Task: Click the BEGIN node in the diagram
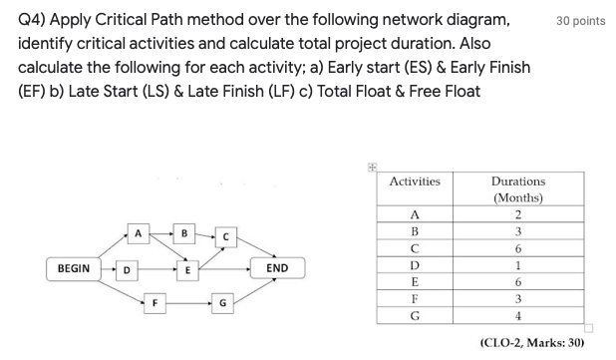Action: [x=73, y=268]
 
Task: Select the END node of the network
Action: [x=277, y=268]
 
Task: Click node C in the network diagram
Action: [x=227, y=236]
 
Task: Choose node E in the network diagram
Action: [x=184, y=268]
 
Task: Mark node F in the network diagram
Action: [x=154, y=300]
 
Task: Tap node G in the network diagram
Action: [x=224, y=300]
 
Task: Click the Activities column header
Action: [x=415, y=181]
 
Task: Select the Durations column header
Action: [x=518, y=188]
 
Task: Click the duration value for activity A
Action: [x=517, y=214]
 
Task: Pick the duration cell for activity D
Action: [x=517, y=265]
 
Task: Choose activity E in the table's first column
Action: [x=415, y=282]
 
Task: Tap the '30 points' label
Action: [x=581, y=21]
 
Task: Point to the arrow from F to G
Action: [x=189, y=300]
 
